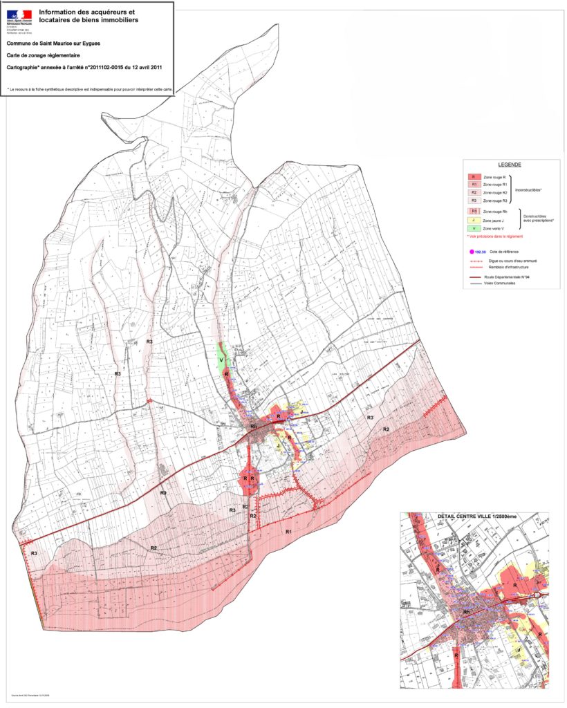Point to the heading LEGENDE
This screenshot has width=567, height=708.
point(510,165)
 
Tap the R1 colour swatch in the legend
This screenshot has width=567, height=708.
point(474,185)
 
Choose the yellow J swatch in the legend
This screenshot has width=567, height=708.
point(474,220)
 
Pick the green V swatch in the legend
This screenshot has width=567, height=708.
point(474,228)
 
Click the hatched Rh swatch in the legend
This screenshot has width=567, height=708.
point(474,211)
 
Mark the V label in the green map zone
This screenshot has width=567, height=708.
point(222,360)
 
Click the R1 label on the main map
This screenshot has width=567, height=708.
point(289,530)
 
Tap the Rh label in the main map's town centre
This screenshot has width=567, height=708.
point(253,427)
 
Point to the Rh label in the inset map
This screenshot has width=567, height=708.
point(467,613)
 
